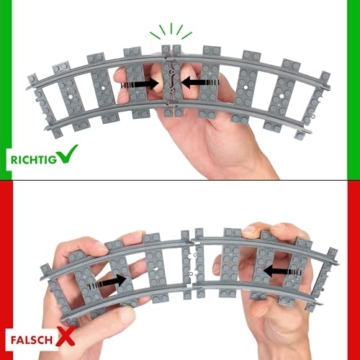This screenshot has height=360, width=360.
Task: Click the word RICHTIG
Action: (33, 159)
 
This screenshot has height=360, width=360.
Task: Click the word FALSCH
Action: (32, 340)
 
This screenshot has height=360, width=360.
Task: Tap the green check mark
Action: (67, 153)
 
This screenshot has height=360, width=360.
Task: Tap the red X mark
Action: (65, 336)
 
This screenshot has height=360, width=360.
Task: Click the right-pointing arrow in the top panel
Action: (140, 83)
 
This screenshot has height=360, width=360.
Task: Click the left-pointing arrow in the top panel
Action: (201, 82)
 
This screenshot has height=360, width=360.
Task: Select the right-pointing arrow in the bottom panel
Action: (107, 282)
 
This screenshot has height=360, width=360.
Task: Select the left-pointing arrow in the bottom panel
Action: (283, 272)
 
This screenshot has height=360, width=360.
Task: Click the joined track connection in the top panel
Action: (172, 81)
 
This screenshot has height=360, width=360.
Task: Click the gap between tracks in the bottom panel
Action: (193, 263)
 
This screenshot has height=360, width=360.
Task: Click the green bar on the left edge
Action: (6, 89)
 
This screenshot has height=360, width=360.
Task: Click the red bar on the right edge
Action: (353, 271)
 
